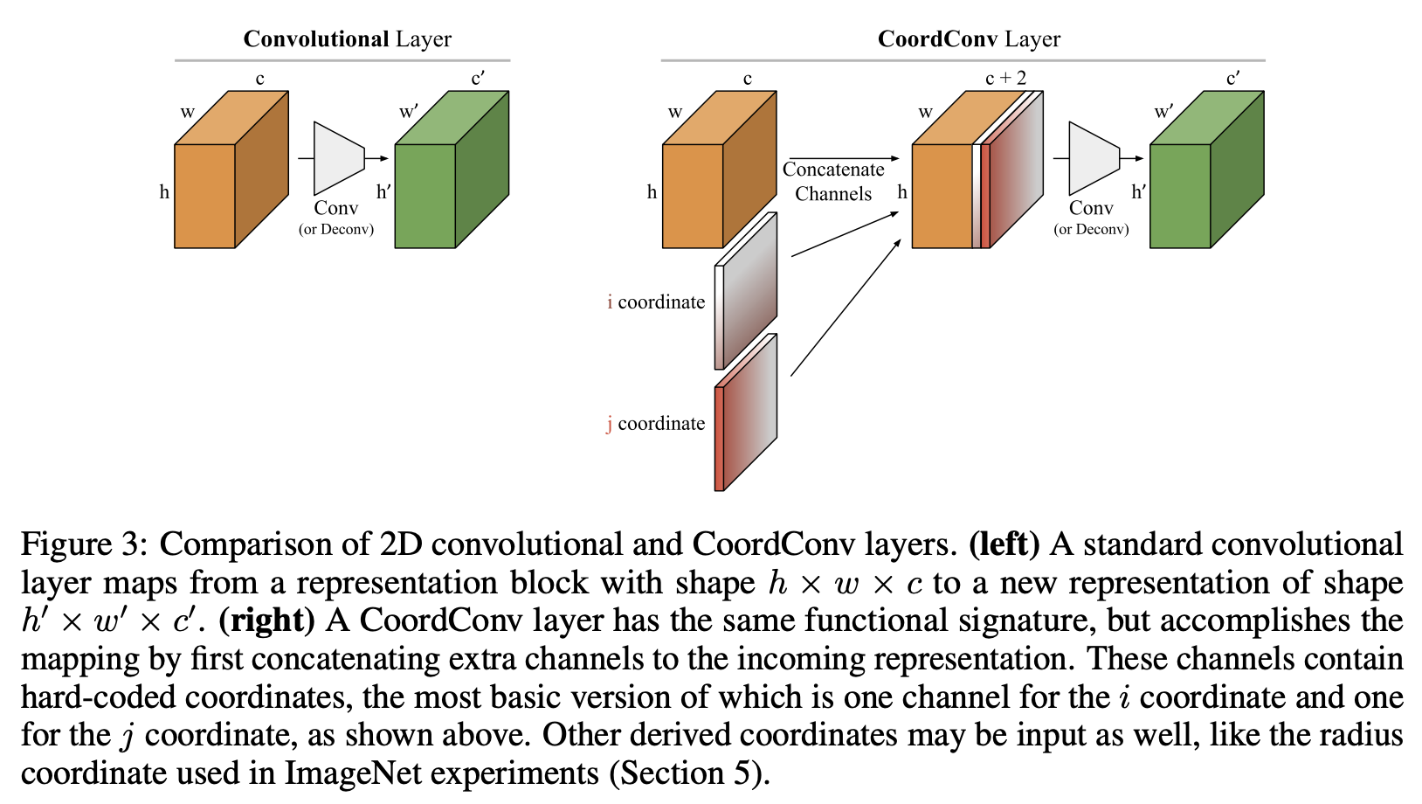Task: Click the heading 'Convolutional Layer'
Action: pyautogui.click(x=347, y=39)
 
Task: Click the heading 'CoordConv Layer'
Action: pyautogui.click(x=969, y=39)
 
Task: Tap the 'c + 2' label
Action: pyautogui.click(x=1005, y=79)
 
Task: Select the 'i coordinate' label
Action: pyautogui.click(x=656, y=302)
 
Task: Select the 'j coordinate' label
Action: pyautogui.click(x=656, y=424)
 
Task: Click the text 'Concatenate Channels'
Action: pyautogui.click(x=833, y=182)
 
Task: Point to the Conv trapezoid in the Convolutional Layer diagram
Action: pyautogui.click(x=338, y=158)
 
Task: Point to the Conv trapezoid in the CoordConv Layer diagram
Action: pyautogui.click(x=1093, y=158)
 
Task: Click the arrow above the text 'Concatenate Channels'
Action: pyautogui.click(x=843, y=158)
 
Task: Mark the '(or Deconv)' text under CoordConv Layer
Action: pyautogui.click(x=1091, y=230)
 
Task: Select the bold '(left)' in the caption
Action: pyautogui.click(x=1004, y=544)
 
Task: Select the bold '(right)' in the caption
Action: pyautogui.click(x=266, y=620)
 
